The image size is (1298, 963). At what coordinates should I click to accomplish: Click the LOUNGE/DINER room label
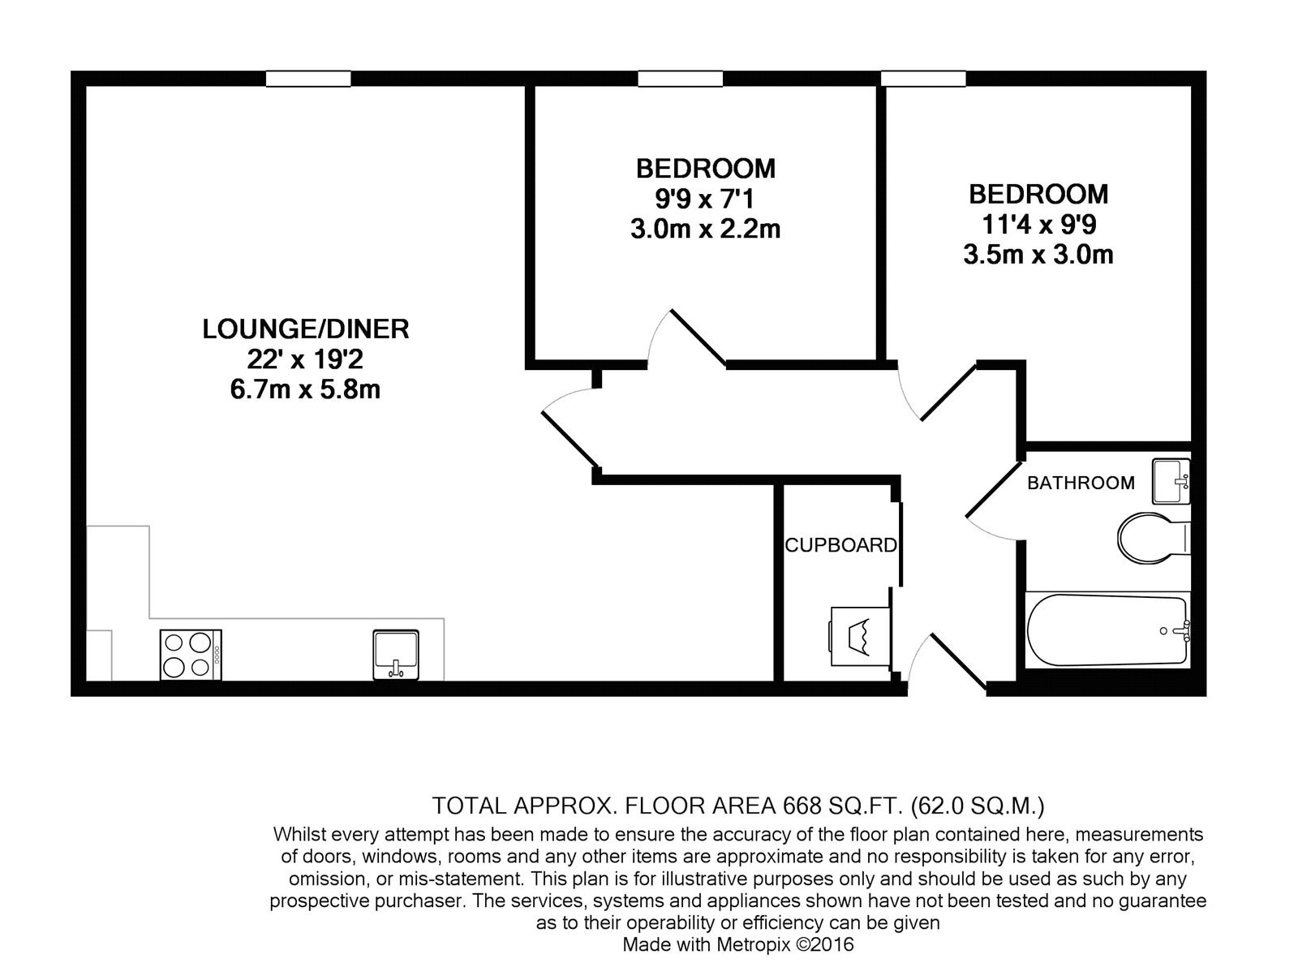tap(306, 329)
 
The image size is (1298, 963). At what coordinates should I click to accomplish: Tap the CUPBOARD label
tap(840, 545)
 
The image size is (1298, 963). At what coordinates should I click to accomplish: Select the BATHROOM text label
tap(1081, 483)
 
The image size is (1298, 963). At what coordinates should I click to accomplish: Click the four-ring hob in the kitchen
tap(191, 655)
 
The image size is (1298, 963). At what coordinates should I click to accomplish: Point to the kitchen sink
tap(396, 655)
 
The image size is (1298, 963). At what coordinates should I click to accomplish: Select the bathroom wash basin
tap(1171, 481)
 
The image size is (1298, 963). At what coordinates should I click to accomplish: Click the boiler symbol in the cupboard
tap(861, 636)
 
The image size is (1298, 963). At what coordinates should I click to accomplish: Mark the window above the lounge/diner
tap(308, 79)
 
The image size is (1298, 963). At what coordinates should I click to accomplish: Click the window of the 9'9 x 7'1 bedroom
tap(680, 79)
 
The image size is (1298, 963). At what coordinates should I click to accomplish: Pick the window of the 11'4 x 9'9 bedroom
tap(923, 79)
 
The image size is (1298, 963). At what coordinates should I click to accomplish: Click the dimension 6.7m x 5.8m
tap(306, 389)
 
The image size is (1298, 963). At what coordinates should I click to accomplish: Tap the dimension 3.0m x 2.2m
tap(706, 229)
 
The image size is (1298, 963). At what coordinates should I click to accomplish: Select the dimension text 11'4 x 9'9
tap(1038, 224)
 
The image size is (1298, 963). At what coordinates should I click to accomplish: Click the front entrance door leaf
tap(959, 661)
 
